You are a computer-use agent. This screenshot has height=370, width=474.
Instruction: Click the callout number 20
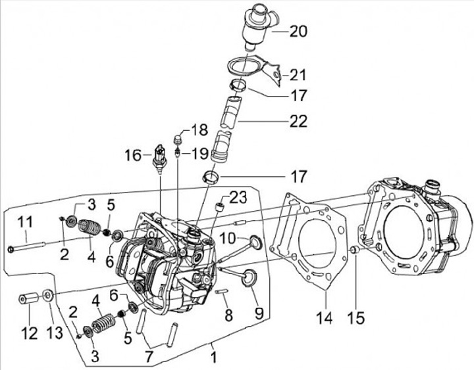pos(298,32)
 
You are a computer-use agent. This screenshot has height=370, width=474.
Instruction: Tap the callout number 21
pos(297,75)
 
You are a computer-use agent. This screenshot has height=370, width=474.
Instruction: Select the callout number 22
pos(298,121)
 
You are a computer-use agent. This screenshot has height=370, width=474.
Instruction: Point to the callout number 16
pos(133,156)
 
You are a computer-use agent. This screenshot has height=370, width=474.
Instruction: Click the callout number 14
pos(325,318)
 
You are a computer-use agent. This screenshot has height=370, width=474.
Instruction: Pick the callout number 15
pos(355,318)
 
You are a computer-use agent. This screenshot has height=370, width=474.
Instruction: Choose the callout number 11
pos(25,223)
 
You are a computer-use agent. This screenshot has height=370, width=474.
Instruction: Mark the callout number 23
pos(238,198)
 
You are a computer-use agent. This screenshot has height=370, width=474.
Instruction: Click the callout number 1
pos(214,358)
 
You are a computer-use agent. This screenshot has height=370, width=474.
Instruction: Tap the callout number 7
pos(149,357)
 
